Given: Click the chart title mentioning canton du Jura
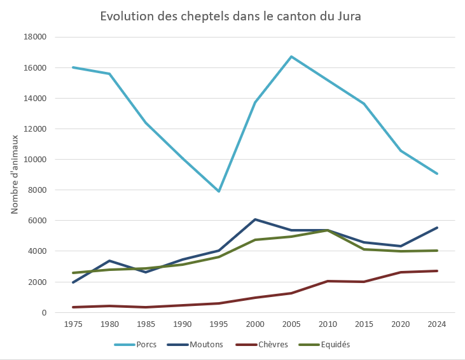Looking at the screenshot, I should coord(230,17).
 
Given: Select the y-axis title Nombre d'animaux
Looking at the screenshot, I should coord(15,174).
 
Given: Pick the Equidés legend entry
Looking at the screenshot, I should coord(332,345).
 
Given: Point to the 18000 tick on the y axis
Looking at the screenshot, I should coord(35,37).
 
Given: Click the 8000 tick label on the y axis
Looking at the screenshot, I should coord(38,190).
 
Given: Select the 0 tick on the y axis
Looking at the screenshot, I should coord(45,312).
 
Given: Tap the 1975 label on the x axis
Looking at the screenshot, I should coord(73,324).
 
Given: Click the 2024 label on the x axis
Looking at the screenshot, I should coord(436,324).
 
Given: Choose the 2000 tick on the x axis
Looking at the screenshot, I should coord(255,324).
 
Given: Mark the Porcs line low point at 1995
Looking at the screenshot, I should coord(219,191).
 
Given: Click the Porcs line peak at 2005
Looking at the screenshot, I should coord(291,57).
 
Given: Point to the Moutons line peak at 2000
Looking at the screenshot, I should coord(255,219).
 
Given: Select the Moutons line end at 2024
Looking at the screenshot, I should coord(436,228).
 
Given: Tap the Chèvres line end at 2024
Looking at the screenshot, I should coord(436,271).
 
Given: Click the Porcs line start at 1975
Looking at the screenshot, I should coord(73,67).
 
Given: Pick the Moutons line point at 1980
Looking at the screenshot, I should coord(109,261).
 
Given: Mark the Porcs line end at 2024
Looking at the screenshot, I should coord(436,174).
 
